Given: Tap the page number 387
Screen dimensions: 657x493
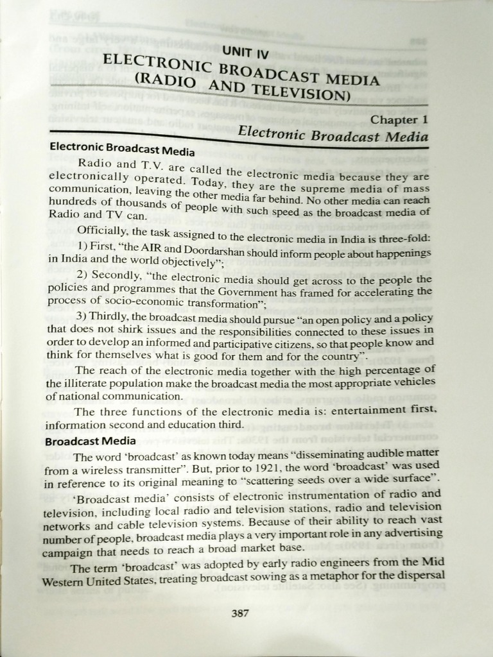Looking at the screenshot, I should pyautogui.click(x=239, y=612).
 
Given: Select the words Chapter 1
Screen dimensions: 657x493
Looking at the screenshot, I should pyautogui.click(x=399, y=120).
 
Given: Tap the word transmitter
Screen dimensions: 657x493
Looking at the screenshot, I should pyautogui.click(x=139, y=471).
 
